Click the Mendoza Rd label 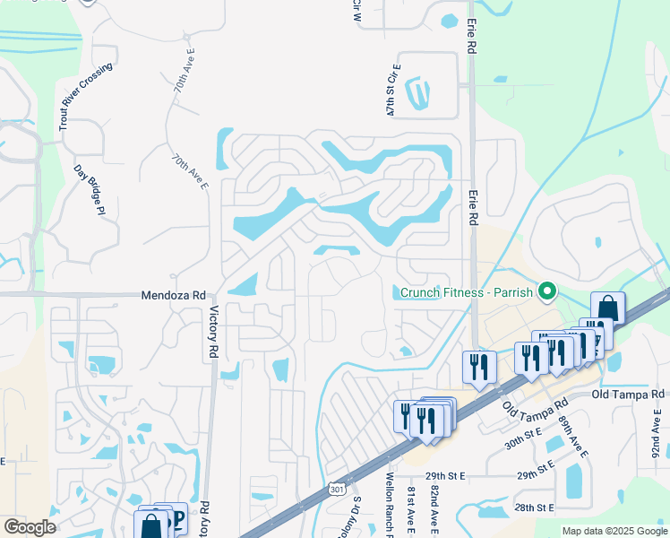click(174, 295)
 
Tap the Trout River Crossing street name click(88, 98)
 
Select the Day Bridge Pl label click(90, 190)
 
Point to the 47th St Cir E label click(391, 90)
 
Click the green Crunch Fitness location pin click(545, 291)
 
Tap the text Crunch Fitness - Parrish click(465, 292)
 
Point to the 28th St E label click(536, 508)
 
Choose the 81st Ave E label click(410, 510)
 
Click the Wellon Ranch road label click(390, 507)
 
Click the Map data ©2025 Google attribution click(614, 531)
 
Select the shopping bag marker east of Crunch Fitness click(607, 308)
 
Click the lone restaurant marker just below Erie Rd click(479, 366)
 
